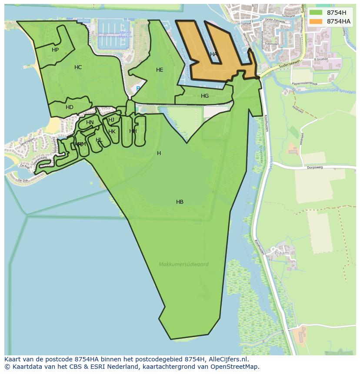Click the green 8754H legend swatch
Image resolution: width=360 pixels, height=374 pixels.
click(316, 13)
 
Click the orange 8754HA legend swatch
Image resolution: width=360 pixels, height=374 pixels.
click(316, 21)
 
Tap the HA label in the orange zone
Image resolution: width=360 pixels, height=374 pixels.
click(213, 54)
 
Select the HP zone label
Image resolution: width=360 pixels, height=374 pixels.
click(55, 50)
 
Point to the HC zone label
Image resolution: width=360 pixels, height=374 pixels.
click(78, 67)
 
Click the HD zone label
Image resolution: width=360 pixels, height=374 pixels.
click(70, 107)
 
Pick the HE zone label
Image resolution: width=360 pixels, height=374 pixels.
click(160, 70)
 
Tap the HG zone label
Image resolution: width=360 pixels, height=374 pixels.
click(205, 96)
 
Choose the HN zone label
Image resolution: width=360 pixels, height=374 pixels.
click(90, 122)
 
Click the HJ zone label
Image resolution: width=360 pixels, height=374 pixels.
click(111, 120)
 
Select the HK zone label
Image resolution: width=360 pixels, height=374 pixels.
click(112, 132)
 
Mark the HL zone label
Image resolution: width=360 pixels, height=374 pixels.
click(99, 140)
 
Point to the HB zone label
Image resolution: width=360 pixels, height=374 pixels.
click(180, 202)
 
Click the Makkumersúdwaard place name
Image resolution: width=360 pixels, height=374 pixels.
click(183, 264)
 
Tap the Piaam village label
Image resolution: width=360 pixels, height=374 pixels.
click(282, 252)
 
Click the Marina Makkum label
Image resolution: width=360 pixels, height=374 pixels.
click(126, 35)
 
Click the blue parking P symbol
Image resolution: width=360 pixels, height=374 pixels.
click(138, 89)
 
